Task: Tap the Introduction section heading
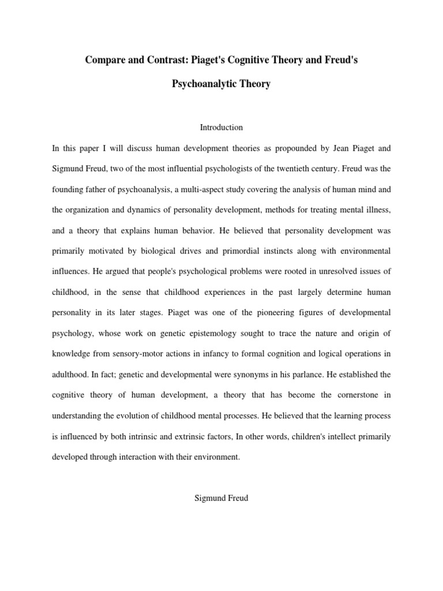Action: click(221, 127)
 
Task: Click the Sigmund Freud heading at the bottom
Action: click(221, 498)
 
